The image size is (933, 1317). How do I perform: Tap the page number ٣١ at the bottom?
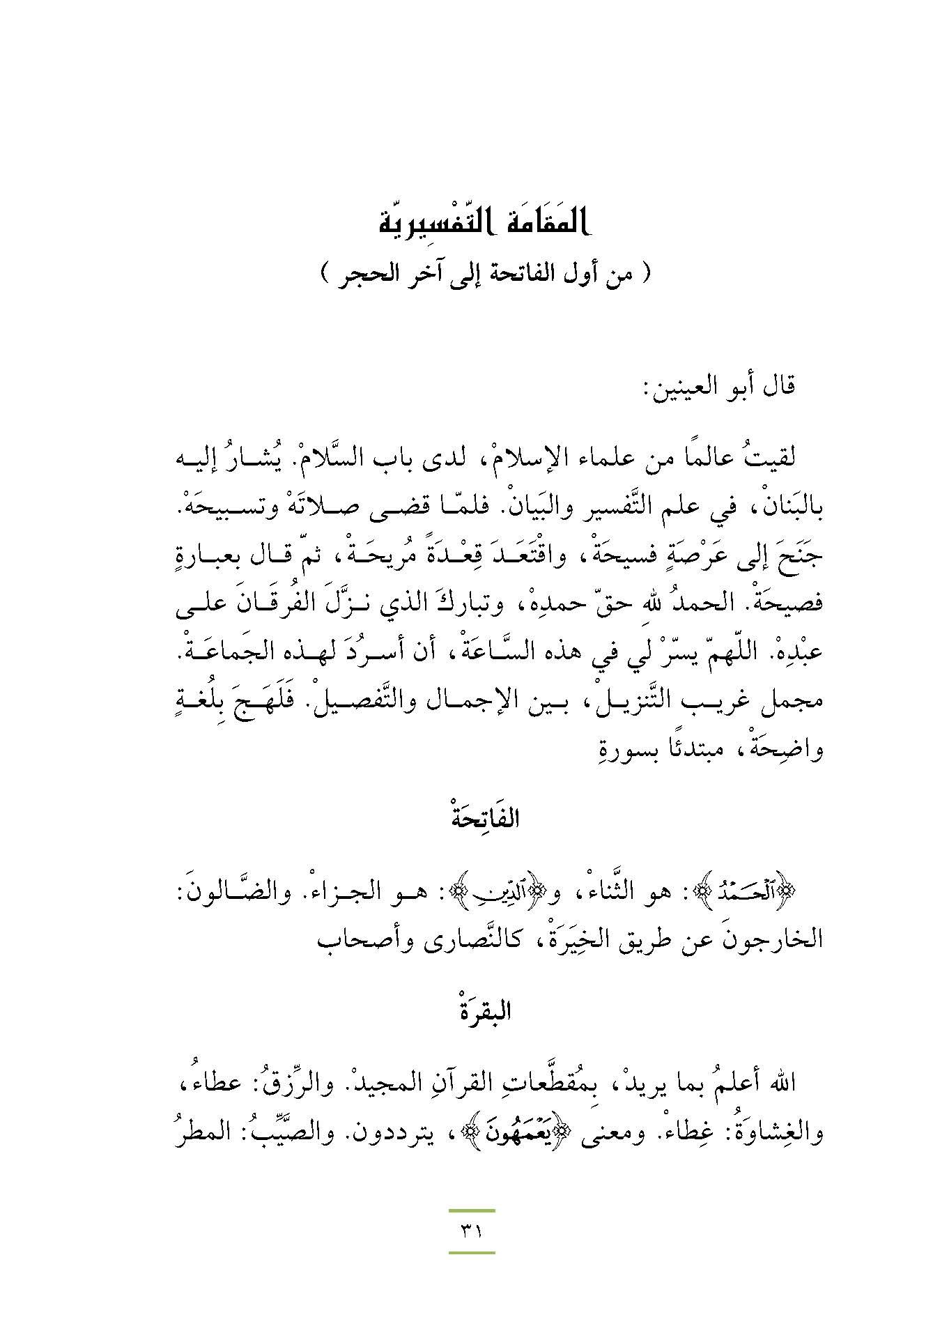[472, 1231]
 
